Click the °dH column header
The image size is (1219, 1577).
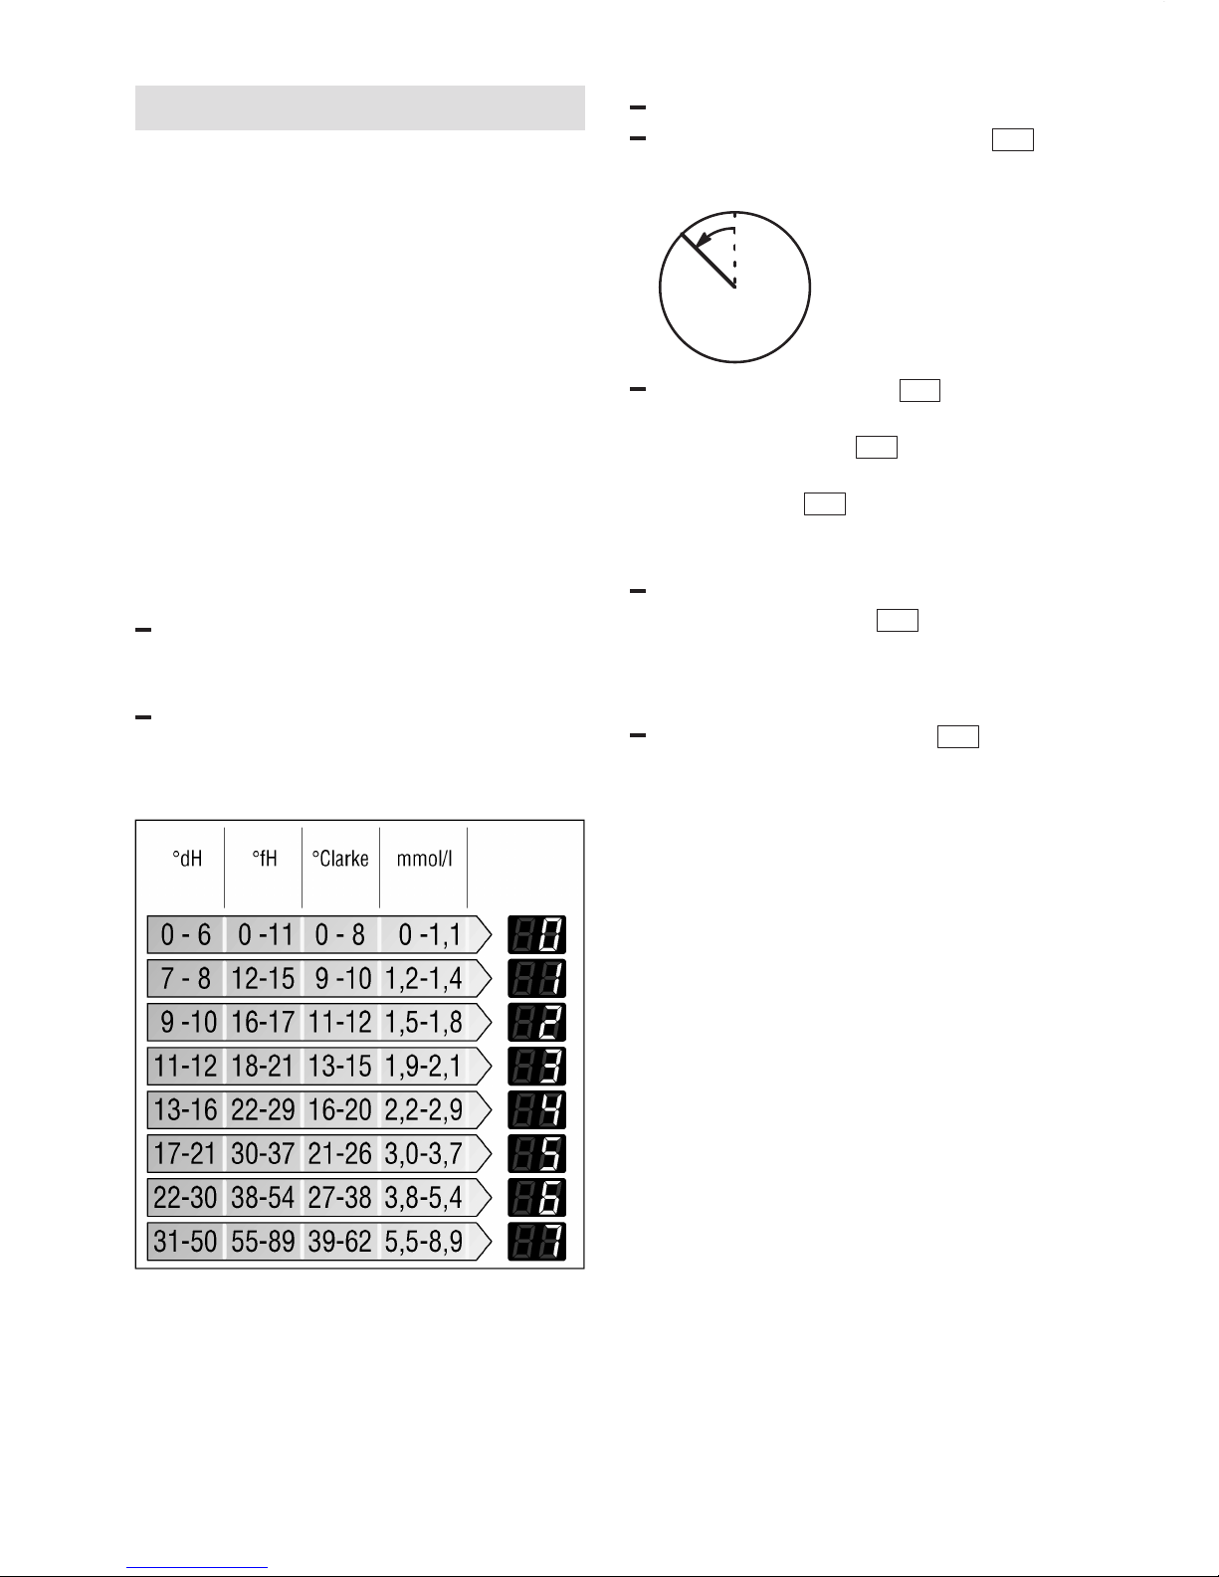pyautogui.click(x=187, y=859)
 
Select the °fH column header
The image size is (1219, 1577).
pyautogui.click(x=265, y=859)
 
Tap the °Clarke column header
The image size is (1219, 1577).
pyautogui.click(x=340, y=859)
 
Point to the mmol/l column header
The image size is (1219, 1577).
pyautogui.click(x=425, y=859)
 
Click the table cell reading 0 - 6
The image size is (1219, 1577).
pyautogui.click(x=186, y=934)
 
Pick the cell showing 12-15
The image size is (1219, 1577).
pyautogui.click(x=263, y=978)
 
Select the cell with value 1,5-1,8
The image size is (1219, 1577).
pyautogui.click(x=423, y=1022)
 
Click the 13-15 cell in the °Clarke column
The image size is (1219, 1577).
pyautogui.click(x=339, y=1066)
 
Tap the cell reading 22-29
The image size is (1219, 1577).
pyautogui.click(x=263, y=1109)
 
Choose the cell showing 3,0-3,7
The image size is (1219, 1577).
pyautogui.click(x=423, y=1153)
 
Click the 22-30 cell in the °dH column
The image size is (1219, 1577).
pyautogui.click(x=185, y=1198)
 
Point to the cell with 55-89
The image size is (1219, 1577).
pyautogui.click(x=263, y=1241)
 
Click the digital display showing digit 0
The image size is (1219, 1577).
pyautogui.click(x=537, y=934)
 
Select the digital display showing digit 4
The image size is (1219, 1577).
pyautogui.click(x=537, y=1109)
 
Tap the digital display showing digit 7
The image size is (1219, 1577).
pyautogui.click(x=537, y=1241)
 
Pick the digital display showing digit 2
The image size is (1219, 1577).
pyautogui.click(x=537, y=1022)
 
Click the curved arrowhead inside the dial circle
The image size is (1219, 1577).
pyautogui.click(x=703, y=240)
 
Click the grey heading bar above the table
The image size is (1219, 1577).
pyautogui.click(x=360, y=108)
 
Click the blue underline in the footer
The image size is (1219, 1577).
pyautogui.click(x=197, y=1568)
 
